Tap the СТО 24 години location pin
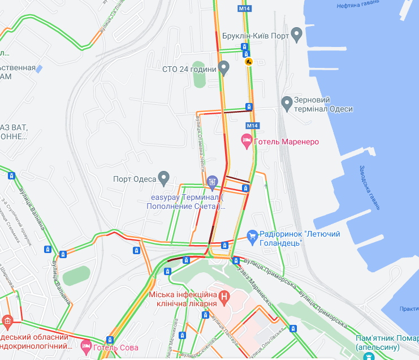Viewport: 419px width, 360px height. [x=224, y=68]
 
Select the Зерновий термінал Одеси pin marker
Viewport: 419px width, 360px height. [x=287, y=102]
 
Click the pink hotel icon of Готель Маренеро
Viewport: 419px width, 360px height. [x=246, y=141]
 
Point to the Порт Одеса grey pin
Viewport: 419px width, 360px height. [x=164, y=178]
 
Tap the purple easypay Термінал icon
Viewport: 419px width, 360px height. [x=212, y=182]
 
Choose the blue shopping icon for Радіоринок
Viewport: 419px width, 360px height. [x=252, y=234]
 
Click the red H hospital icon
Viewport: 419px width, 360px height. [x=224, y=295]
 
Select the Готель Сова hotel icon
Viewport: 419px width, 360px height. [x=86, y=345]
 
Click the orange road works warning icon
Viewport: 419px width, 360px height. [x=248, y=61]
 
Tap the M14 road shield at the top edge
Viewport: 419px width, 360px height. [x=244, y=9]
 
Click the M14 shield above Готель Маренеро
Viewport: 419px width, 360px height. [x=252, y=125]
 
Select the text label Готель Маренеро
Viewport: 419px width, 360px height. [x=287, y=142]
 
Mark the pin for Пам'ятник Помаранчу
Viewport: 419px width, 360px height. [x=369, y=357]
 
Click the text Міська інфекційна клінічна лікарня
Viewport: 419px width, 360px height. [x=183, y=299]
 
